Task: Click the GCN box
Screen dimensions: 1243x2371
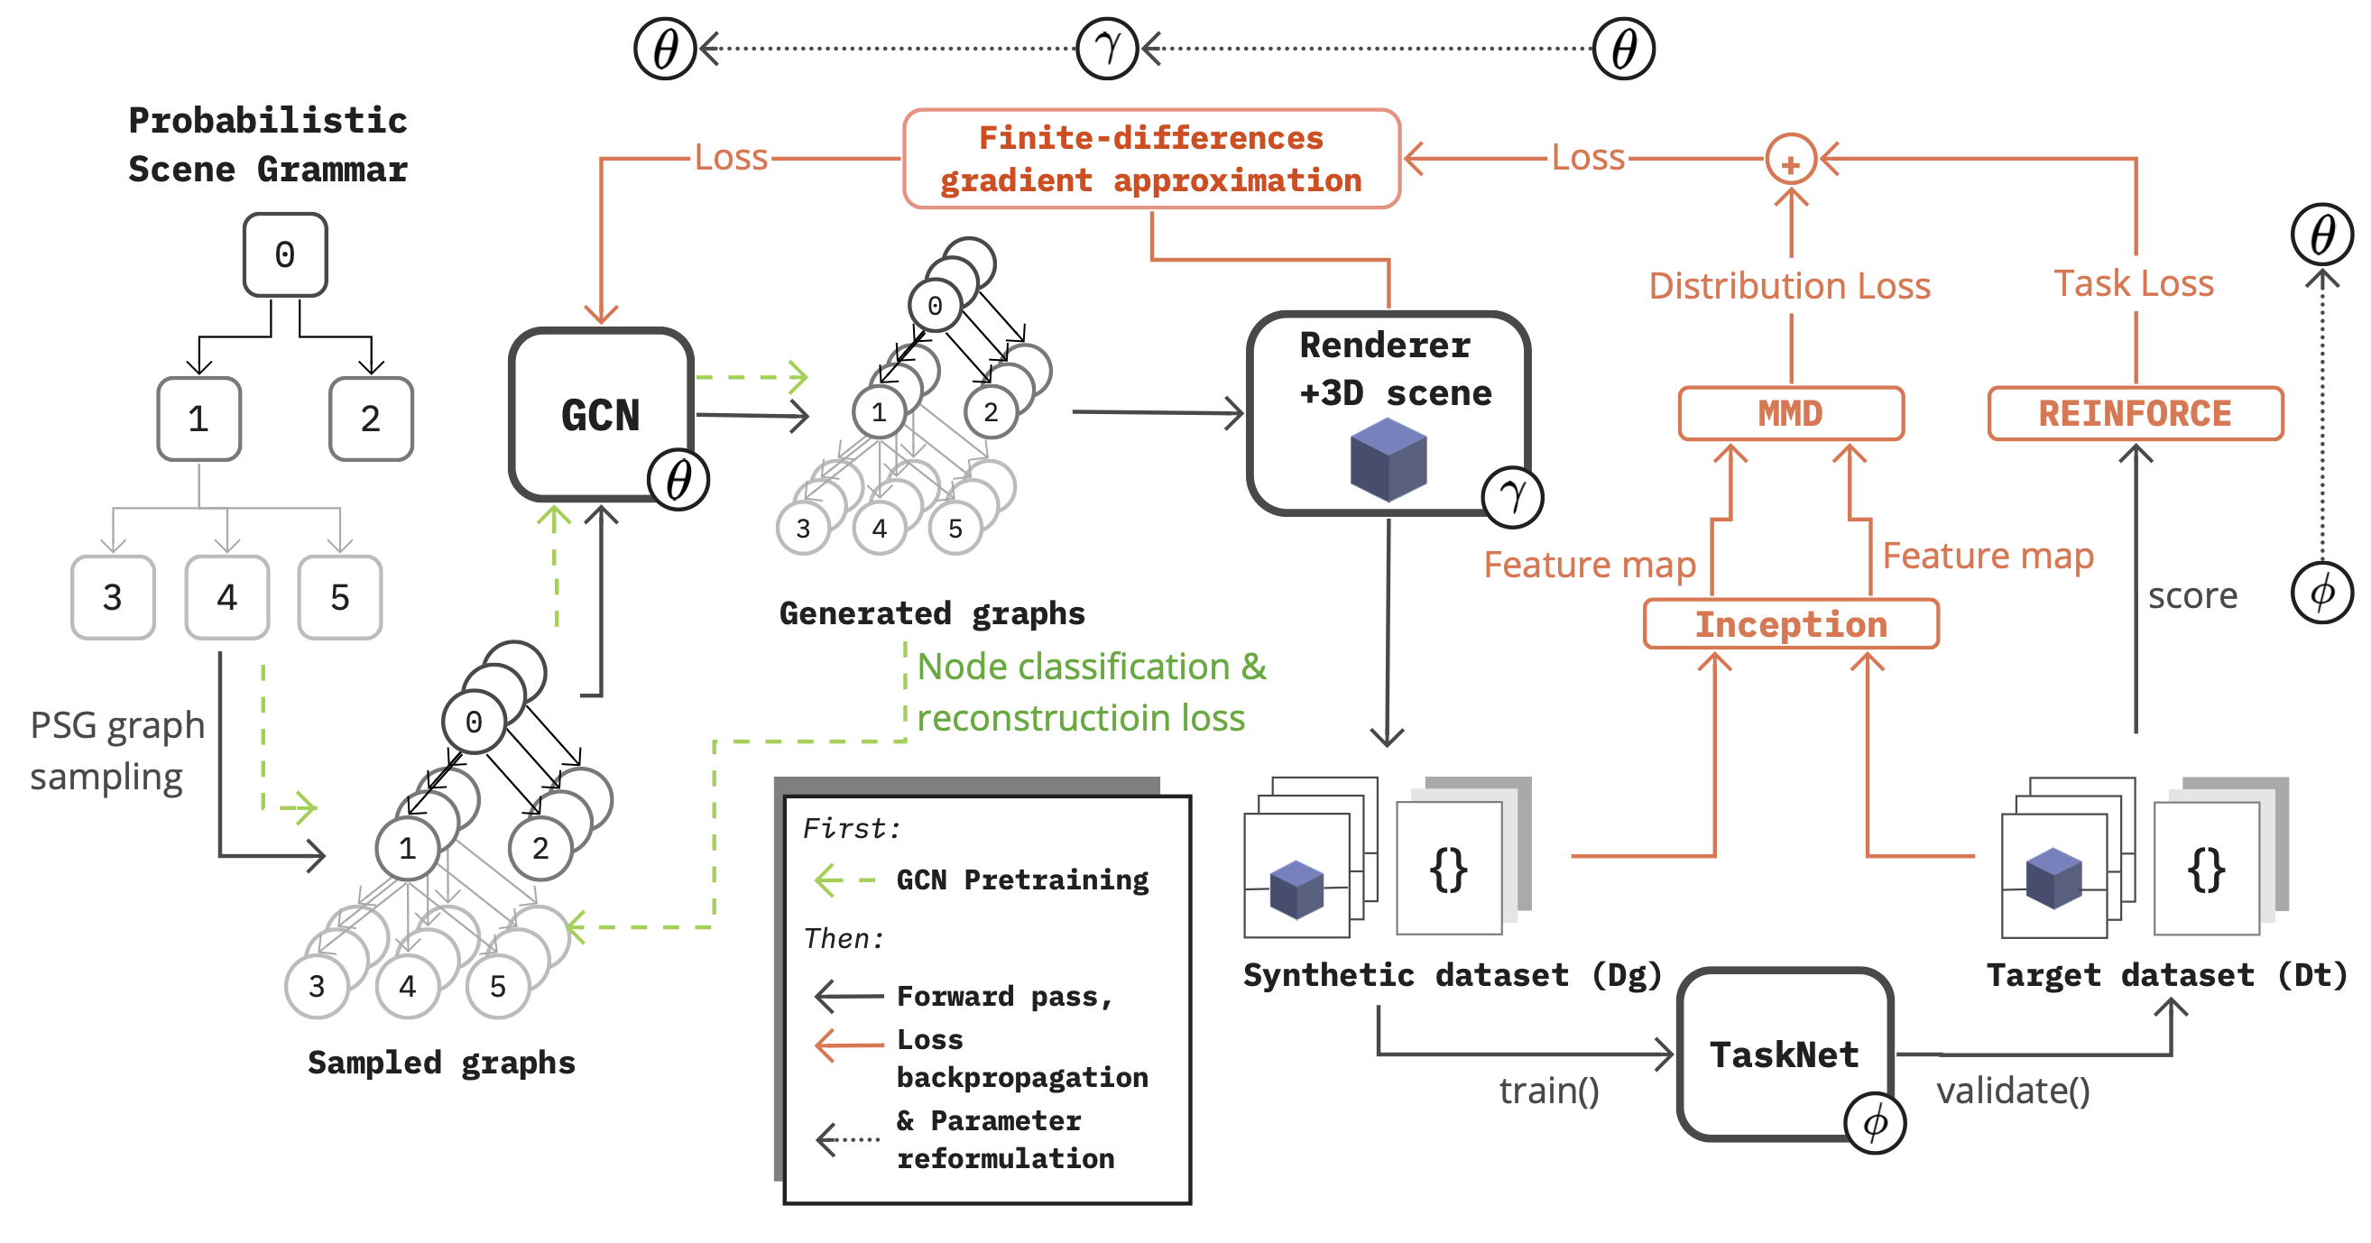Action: click(x=600, y=414)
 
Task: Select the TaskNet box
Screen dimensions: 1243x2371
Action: click(x=1783, y=1054)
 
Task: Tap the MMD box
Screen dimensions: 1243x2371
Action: click(x=1790, y=413)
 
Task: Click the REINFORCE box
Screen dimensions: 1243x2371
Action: click(x=2135, y=413)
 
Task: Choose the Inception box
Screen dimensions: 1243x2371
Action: click(x=1790, y=624)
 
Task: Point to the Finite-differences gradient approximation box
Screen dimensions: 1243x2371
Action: click(x=1150, y=158)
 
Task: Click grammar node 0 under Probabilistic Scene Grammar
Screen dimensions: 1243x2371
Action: click(x=284, y=255)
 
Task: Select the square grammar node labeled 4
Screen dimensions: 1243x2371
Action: click(x=226, y=597)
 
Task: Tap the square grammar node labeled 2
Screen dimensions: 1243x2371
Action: click(x=370, y=419)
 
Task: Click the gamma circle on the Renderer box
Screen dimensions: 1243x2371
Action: click(x=1511, y=497)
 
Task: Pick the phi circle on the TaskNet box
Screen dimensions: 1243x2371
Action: click(x=1874, y=1122)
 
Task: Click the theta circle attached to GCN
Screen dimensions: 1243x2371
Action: click(x=678, y=479)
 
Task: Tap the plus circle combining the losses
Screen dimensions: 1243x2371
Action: click(x=1790, y=160)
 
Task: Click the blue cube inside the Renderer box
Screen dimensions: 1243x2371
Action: click(x=1388, y=459)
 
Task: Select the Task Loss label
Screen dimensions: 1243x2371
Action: click(x=2133, y=283)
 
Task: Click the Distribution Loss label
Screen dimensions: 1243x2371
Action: click(x=1789, y=286)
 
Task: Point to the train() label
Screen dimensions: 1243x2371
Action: click(x=1548, y=1091)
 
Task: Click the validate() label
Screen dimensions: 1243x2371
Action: click(x=2012, y=1091)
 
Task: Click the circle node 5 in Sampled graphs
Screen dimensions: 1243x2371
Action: click(x=498, y=986)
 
